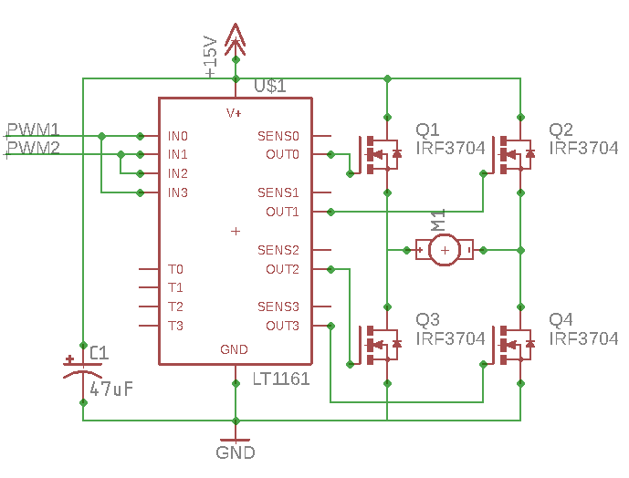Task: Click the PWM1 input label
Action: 33,130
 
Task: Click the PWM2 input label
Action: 33,148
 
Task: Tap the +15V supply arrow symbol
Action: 236,40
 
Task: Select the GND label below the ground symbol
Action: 236,452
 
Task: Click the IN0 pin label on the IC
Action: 178,136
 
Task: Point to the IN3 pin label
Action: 178,192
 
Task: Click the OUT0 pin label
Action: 282,154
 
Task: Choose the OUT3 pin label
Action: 282,326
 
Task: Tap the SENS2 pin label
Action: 278,250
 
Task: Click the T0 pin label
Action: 175,269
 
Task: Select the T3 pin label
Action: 175,326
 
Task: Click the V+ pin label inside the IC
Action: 234,113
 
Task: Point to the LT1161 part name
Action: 281,379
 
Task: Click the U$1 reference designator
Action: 270,86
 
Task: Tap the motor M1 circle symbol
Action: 445,250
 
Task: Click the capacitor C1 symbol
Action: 83,369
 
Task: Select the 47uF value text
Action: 111,389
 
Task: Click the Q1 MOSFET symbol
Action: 379,155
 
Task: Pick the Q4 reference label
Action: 561,319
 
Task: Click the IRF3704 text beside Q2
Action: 583,148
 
